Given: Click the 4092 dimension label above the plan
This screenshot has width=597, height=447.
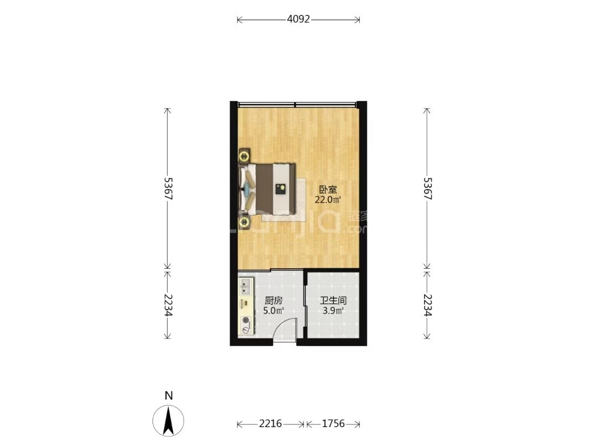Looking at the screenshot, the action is coord(298,19).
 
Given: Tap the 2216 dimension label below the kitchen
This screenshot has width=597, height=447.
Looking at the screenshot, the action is coord(270,423).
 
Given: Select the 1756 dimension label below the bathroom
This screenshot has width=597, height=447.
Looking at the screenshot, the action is coord(333,423).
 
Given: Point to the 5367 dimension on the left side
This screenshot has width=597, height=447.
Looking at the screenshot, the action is coord(167,189).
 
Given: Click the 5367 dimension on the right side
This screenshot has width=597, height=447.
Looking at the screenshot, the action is coord(427,189).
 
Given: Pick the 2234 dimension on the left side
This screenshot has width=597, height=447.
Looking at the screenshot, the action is coord(167,305).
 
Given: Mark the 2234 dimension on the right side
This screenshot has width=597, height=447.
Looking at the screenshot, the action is coord(427,305).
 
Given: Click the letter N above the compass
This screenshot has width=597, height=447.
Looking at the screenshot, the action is coord(169,396).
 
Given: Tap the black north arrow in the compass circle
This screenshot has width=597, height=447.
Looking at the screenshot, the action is coord(168,421).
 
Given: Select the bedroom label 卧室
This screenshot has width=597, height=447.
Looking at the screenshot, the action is coord(328,189).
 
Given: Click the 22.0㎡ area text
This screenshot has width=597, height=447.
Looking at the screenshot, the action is coord(327,200).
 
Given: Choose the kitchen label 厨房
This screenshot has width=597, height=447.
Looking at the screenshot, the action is coord(274,301).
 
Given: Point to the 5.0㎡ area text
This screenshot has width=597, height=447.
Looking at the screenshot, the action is coord(274,311).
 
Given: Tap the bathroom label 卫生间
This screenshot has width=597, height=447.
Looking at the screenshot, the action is coord(333,301).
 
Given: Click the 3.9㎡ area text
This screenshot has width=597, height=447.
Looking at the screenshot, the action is coord(333,311).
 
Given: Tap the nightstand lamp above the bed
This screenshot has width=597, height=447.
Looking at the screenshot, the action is coord(244,156).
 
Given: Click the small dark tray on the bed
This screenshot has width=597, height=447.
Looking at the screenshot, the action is coord(281,189).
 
